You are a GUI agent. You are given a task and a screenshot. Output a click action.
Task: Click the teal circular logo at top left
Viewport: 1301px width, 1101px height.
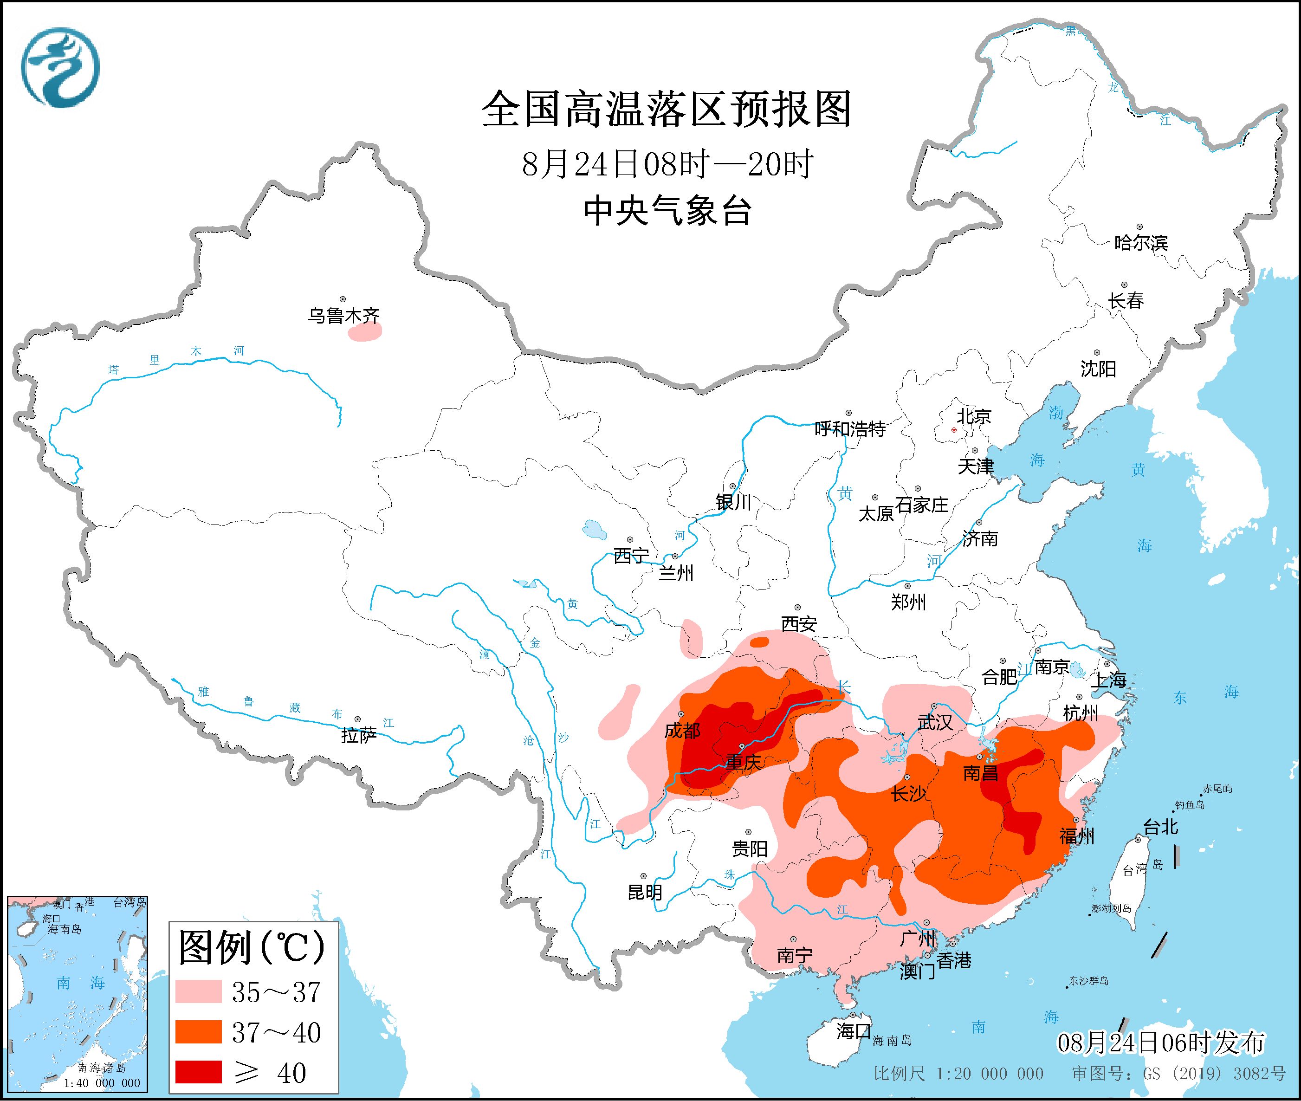[x=60, y=67]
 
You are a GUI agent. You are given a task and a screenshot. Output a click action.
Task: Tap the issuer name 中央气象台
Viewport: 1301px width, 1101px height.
[x=667, y=210]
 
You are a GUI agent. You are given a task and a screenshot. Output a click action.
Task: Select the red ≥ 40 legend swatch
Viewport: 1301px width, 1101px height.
[x=199, y=1072]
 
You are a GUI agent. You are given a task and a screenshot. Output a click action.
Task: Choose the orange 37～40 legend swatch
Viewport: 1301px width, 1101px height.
[x=199, y=1032]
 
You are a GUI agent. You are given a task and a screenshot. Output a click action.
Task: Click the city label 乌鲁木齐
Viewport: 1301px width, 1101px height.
[x=343, y=316]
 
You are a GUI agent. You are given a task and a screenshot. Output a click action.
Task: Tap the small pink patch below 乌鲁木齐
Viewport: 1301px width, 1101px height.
[x=364, y=334]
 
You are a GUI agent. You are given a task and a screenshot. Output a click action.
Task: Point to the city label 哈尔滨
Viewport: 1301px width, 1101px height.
[x=1140, y=243]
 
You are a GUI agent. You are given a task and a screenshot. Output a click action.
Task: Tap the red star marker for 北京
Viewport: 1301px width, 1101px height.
[x=953, y=430]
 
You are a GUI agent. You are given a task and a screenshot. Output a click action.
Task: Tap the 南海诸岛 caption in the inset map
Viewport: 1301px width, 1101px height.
[x=102, y=1069]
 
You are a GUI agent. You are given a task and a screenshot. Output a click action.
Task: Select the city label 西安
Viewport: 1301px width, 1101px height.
[x=799, y=623]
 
